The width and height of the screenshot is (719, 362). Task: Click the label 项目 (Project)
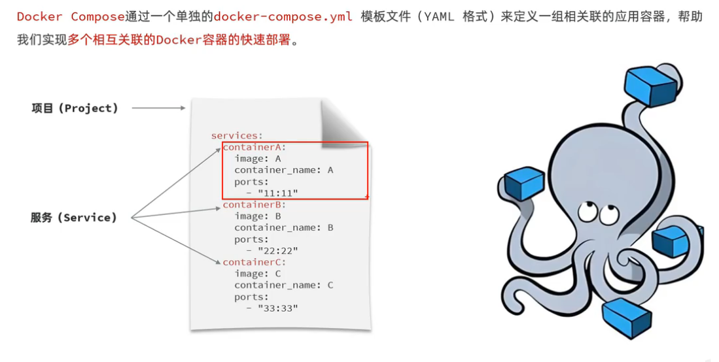(75, 108)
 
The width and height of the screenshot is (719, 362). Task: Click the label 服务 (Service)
(73, 218)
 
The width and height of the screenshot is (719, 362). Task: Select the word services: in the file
(236, 135)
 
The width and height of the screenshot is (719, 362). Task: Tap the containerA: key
(254, 147)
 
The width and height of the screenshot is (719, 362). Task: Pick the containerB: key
(254, 205)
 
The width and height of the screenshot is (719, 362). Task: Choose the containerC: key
(254, 262)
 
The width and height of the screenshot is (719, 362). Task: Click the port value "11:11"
(278, 193)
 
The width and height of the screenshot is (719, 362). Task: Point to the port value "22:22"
(278, 250)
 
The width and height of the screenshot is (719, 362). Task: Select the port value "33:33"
(278, 308)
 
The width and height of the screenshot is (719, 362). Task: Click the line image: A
(258, 159)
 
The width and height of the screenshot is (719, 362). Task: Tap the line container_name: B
(284, 227)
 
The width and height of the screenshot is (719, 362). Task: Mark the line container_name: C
(284, 285)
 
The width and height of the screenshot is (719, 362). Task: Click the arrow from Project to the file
(158, 108)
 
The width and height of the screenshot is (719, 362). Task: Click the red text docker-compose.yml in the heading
(283, 16)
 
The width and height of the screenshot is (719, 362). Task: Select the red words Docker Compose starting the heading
(71, 16)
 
